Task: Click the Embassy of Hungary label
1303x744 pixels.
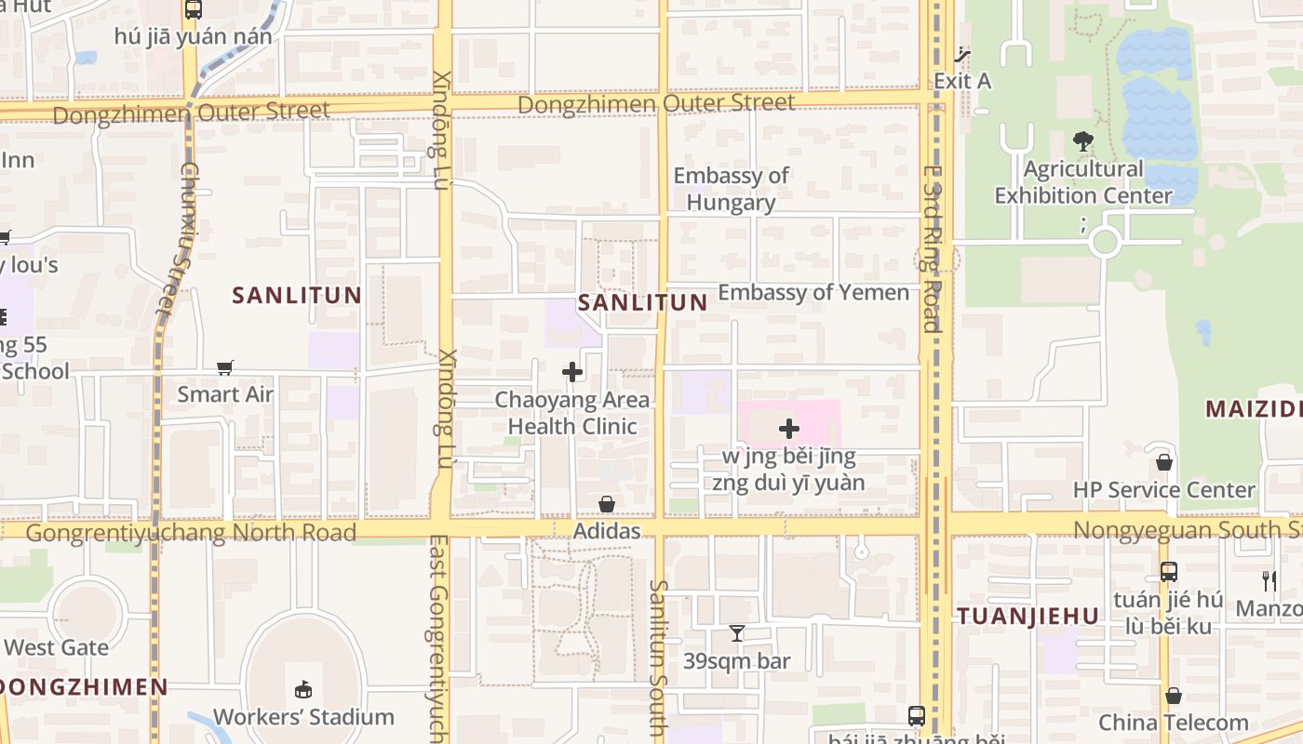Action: pos(731,189)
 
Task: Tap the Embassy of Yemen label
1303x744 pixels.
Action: pos(813,292)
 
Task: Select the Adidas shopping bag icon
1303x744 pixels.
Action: pos(607,504)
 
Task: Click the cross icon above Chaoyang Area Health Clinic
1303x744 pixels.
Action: pos(572,372)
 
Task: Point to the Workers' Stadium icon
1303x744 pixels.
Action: pos(303,690)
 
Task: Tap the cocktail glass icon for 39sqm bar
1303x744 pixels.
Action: pos(736,634)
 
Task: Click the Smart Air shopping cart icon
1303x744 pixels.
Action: pos(224,367)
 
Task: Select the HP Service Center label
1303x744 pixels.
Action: pos(1163,489)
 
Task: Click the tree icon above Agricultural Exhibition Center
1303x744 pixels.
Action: pos(1082,141)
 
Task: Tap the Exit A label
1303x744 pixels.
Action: pos(962,81)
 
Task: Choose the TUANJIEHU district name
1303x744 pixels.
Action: pos(1028,616)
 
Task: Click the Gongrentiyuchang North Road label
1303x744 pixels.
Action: pos(191,533)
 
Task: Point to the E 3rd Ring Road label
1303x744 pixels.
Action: pos(932,248)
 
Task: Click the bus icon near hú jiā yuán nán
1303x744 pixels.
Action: pos(193,9)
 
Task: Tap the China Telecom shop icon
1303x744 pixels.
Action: pos(1174,696)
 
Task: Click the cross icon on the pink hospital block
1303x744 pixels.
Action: pos(789,429)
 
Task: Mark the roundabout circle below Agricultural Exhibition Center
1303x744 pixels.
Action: pos(1104,242)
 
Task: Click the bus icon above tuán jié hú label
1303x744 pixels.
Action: pos(1169,572)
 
